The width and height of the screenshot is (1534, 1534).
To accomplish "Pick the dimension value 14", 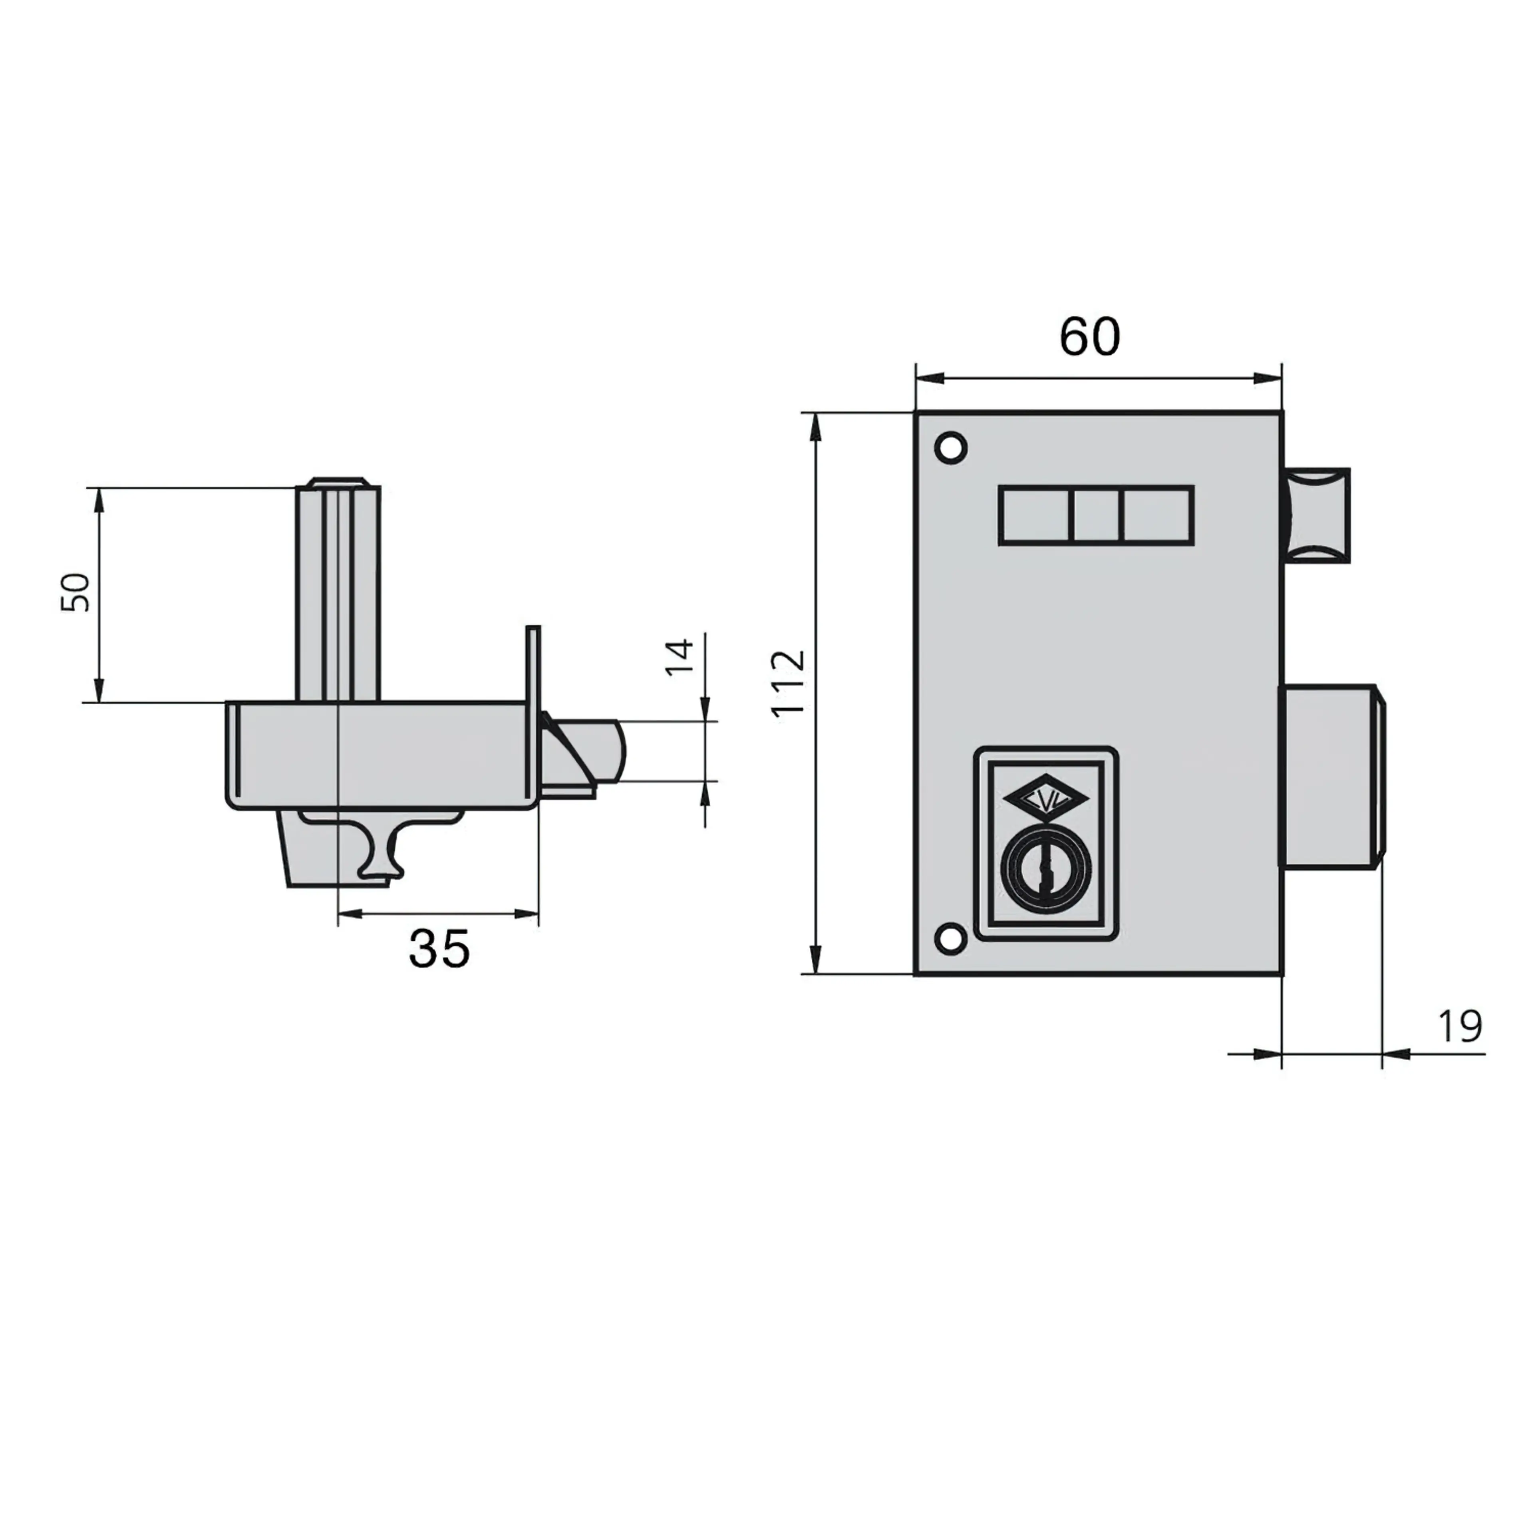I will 680,657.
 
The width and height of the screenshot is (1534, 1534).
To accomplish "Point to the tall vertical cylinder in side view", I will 338,592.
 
